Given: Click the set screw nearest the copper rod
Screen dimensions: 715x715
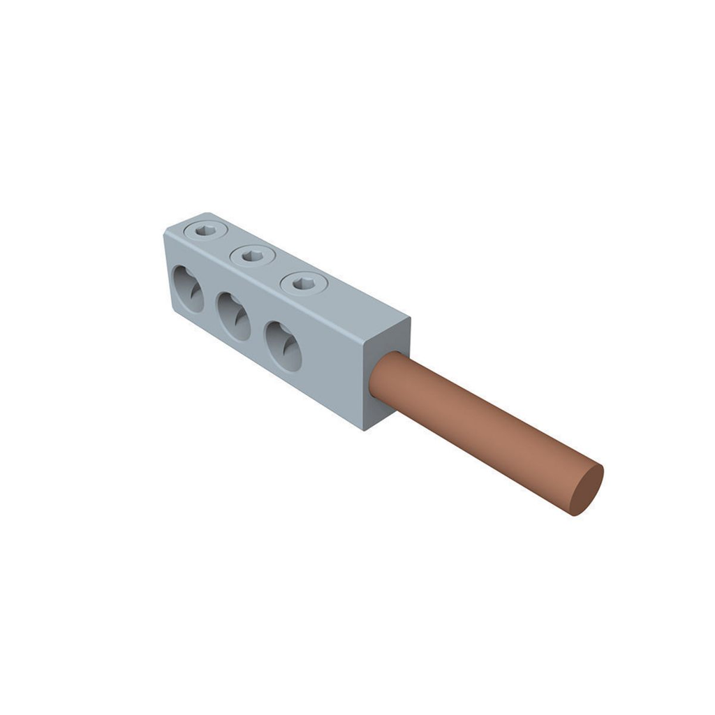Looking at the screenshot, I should coord(304,283).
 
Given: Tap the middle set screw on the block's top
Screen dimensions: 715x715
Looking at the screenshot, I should coord(253,256).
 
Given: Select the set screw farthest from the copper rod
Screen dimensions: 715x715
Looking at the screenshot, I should coord(207,230).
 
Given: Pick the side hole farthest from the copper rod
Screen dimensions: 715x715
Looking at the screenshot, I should coord(188,288).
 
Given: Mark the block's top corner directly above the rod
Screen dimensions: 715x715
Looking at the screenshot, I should coord(409,319).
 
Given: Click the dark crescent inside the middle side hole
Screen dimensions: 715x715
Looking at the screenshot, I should coord(240,318).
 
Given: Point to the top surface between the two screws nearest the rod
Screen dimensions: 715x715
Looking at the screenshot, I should coord(279,270).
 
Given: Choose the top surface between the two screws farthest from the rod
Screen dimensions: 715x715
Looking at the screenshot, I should coord(230,243).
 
